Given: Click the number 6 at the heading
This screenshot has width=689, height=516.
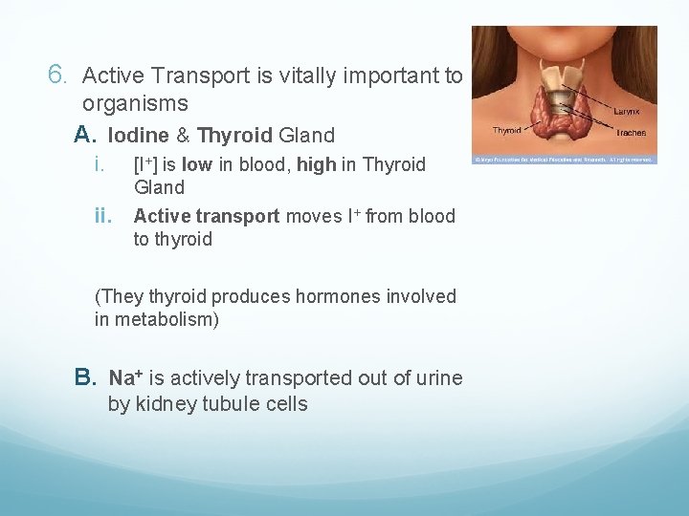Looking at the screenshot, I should coord(56,74).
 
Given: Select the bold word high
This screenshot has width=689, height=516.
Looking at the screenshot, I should coord(316,164).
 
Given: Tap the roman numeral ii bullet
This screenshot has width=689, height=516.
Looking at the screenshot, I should coord(104,216).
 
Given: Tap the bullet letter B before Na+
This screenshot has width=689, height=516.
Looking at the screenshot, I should coord(86,378).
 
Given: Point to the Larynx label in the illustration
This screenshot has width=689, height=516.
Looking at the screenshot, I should coord(627,112).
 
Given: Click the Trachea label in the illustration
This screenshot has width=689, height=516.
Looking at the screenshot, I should coord(631,133).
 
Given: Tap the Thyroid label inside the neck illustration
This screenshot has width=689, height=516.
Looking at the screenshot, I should coord(506,130).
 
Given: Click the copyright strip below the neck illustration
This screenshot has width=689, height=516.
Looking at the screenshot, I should coord(565,159).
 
